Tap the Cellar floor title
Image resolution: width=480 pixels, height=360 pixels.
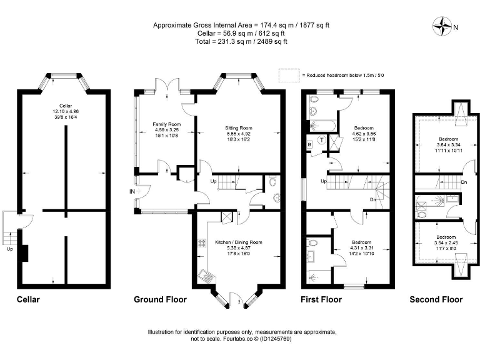coord(28,300)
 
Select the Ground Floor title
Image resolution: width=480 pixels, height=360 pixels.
coord(160,300)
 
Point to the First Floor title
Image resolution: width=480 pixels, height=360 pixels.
coord(321,300)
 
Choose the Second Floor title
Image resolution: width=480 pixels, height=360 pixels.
coord(436,300)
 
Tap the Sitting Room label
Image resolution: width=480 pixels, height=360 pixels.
coord(238,128)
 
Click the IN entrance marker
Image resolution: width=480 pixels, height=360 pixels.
coord(132,191)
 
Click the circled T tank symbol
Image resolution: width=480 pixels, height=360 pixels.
coord(321,140)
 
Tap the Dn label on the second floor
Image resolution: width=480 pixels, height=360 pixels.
coord(463,182)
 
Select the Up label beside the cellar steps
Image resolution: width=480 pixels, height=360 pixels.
coord(9,248)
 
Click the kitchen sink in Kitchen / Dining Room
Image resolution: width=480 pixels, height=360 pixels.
coord(206,275)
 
